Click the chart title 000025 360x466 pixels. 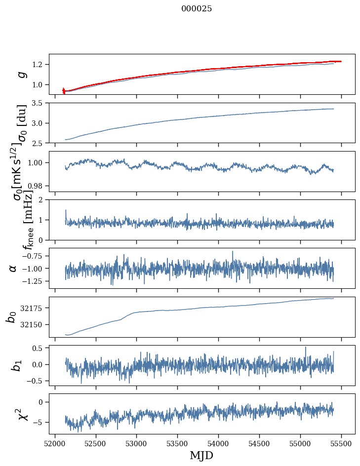pyautogui.click(x=197, y=9)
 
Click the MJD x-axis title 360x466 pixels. pyautogui.click(x=201, y=456)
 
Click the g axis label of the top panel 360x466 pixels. pyautogui.click(x=21, y=74)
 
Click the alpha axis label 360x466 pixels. pyautogui.click(x=13, y=268)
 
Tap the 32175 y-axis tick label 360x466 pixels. pyautogui.click(x=32, y=309)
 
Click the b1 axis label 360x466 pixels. pyautogui.click(x=16, y=365)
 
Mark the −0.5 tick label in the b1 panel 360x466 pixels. pyautogui.click(x=35, y=381)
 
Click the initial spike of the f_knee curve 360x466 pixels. pyautogui.click(x=66, y=210)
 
